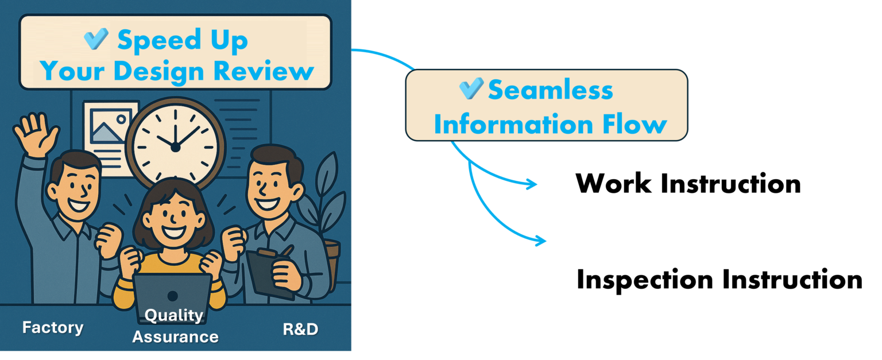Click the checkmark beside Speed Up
pyautogui.click(x=96, y=38)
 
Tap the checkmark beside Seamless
pyautogui.click(x=471, y=88)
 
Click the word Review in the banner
pyautogui.click(x=264, y=71)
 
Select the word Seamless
pyautogui.click(x=551, y=90)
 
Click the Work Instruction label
pyautogui.click(x=688, y=183)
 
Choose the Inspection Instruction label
pyautogui.click(x=719, y=280)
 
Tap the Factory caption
pyautogui.click(x=53, y=328)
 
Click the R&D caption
pyautogui.click(x=300, y=329)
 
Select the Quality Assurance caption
pyautogui.click(x=175, y=326)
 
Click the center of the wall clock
pyautogui.click(x=175, y=148)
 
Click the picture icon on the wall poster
pyautogui.click(x=110, y=126)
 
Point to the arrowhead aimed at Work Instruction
pyautogui.click(x=532, y=184)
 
